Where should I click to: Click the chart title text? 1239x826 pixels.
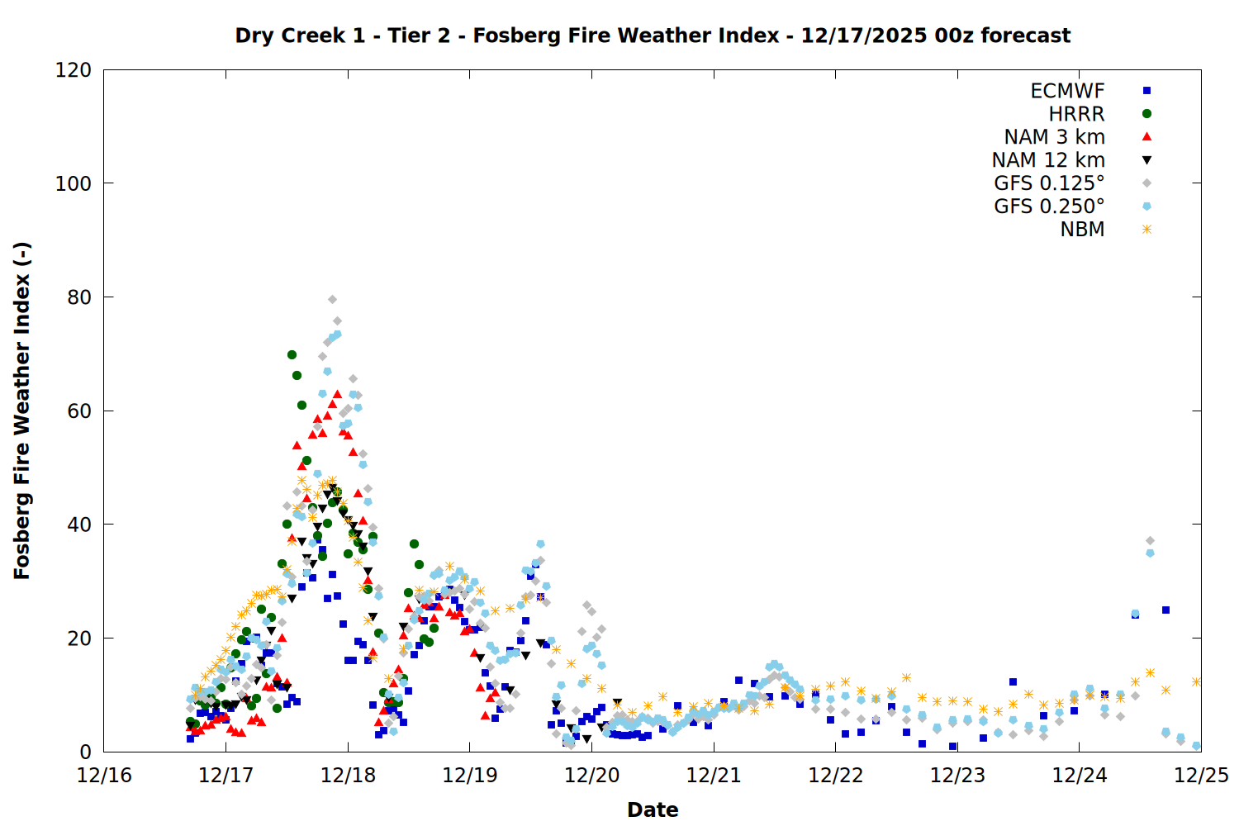point(653,36)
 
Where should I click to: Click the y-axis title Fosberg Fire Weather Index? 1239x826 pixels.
point(22,411)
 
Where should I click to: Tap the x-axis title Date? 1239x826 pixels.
point(653,809)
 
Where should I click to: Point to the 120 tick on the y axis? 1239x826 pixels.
point(74,70)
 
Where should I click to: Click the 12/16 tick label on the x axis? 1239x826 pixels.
point(104,776)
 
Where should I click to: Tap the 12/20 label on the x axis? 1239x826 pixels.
point(591,776)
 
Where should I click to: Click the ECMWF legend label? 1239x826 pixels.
point(1067,91)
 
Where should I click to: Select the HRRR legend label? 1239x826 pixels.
point(1076,114)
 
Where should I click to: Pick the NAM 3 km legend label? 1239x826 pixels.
point(1054,137)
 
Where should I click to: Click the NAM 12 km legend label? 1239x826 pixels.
point(1048,160)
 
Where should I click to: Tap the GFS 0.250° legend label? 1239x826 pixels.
point(1049,206)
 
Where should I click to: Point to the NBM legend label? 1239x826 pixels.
point(1082,230)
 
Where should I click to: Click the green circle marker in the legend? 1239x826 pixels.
point(1146,114)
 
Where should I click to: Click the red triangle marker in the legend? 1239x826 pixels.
point(1146,136)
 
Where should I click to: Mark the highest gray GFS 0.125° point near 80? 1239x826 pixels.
point(332,299)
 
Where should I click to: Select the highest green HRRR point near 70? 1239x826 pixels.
point(292,354)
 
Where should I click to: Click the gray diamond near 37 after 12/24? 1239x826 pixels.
point(1150,540)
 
